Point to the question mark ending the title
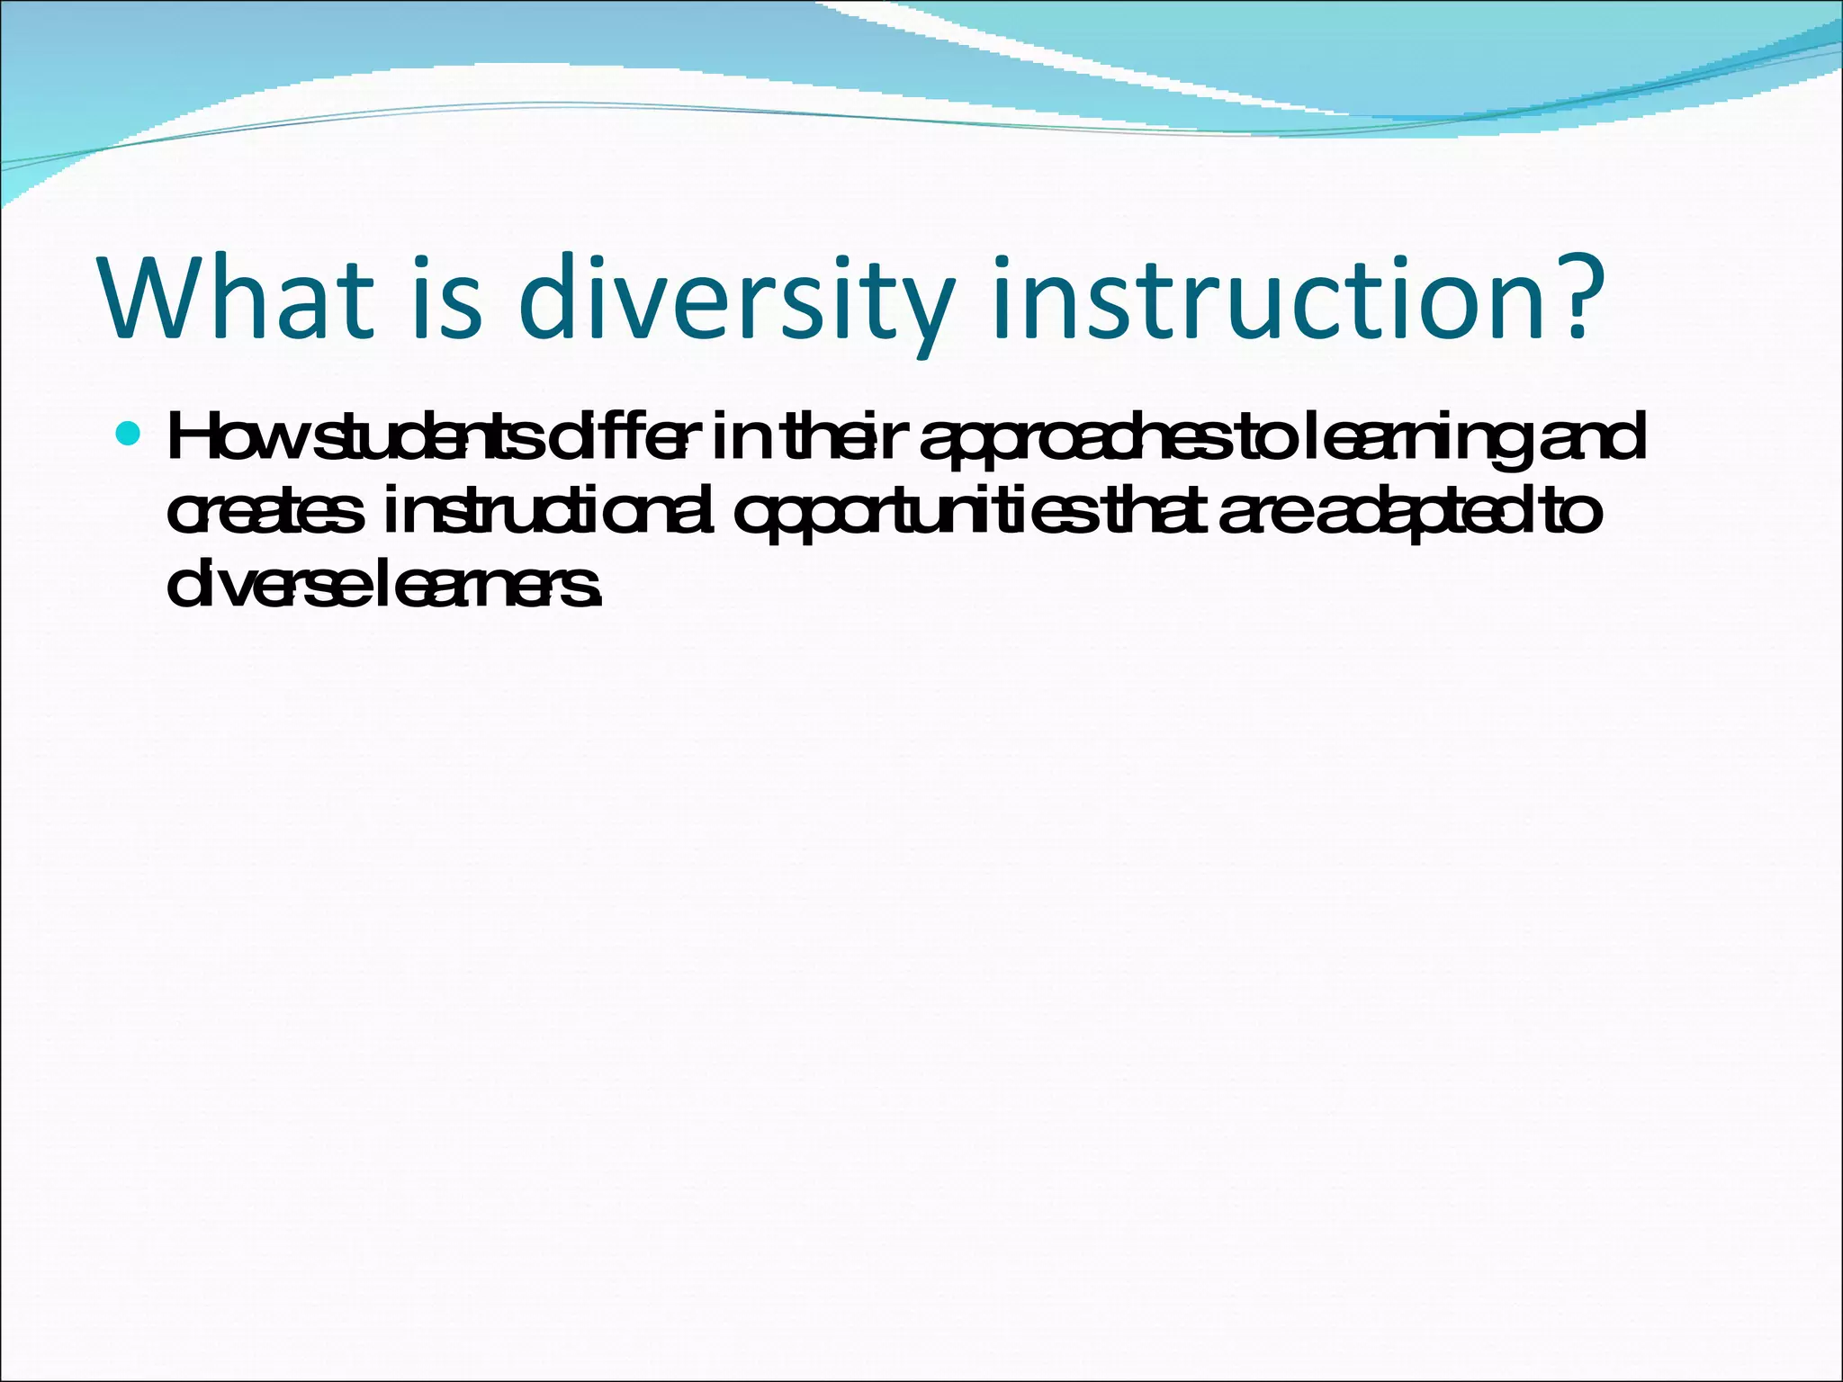click(1574, 297)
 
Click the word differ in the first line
click(621, 439)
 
